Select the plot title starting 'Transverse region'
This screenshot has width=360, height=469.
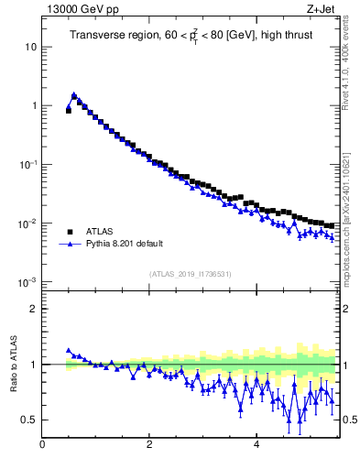(190, 36)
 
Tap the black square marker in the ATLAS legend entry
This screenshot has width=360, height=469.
(69, 232)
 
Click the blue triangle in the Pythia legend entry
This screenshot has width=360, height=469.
(69, 245)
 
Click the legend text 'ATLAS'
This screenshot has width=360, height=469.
(99, 232)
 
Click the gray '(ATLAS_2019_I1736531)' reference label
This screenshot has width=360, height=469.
(190, 274)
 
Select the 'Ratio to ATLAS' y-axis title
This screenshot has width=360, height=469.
(13, 365)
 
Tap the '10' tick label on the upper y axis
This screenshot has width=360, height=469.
(31, 47)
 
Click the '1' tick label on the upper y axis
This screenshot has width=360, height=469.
(34, 105)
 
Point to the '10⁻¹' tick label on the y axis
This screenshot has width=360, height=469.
(29, 164)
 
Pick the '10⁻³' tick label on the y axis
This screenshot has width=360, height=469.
(29, 281)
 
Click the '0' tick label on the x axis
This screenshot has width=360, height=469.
(42, 446)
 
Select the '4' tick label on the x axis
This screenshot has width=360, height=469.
(256, 446)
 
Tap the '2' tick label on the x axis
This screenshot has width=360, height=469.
(149, 446)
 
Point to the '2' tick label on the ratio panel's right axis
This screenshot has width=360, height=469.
(345, 309)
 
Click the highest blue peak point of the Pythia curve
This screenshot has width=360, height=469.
(73, 94)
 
